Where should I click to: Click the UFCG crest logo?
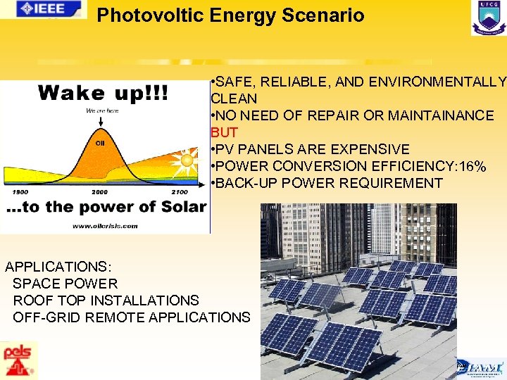pyautogui.click(x=488, y=18)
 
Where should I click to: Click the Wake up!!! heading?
pyautogui.click(x=103, y=94)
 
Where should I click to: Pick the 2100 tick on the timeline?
pyautogui.click(x=180, y=191)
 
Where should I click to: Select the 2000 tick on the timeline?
pyautogui.click(x=99, y=191)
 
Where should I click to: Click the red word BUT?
pyautogui.click(x=224, y=132)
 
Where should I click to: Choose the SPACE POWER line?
pyautogui.click(x=65, y=284)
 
